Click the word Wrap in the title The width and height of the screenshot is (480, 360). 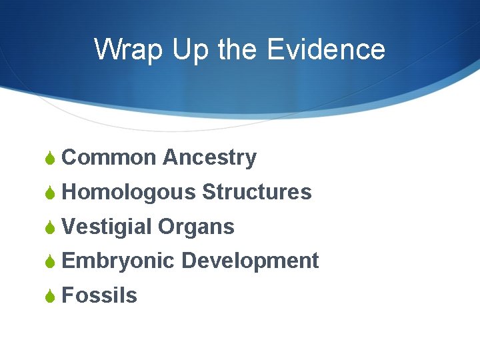(x=129, y=50)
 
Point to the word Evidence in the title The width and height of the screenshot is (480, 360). (x=326, y=50)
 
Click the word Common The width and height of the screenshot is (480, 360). (x=109, y=158)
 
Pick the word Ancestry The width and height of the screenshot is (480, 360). (x=209, y=158)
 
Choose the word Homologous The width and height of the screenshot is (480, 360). (x=128, y=193)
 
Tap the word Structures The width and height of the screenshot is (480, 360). (x=257, y=193)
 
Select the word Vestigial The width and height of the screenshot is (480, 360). (x=106, y=227)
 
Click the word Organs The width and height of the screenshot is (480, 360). (x=196, y=227)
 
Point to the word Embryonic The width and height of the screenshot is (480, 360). (x=118, y=261)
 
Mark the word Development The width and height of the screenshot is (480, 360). (x=250, y=261)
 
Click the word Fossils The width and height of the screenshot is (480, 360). (x=99, y=295)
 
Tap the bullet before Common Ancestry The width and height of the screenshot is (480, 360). (x=49, y=159)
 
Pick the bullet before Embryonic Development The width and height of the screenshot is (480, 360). (x=49, y=261)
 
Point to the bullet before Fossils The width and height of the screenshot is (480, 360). (x=49, y=296)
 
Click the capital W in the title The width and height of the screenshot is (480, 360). (x=109, y=50)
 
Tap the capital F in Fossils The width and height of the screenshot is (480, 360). (x=67, y=295)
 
